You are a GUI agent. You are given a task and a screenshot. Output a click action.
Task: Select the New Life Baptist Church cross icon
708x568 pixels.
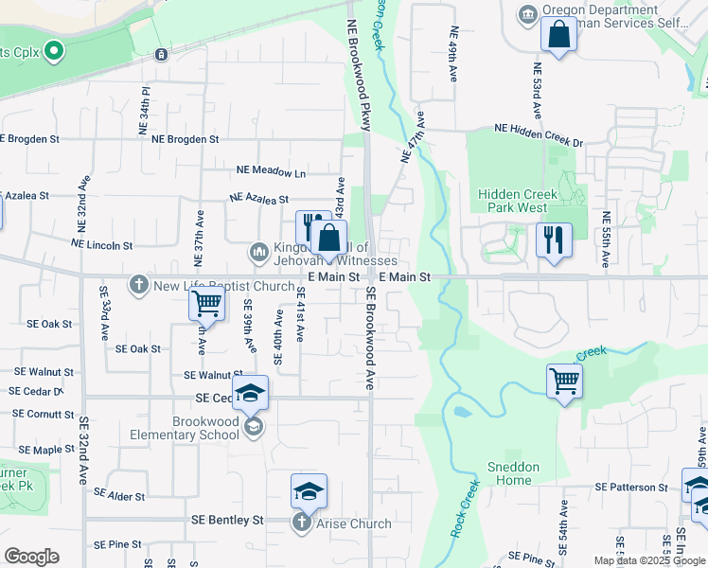click(x=139, y=285)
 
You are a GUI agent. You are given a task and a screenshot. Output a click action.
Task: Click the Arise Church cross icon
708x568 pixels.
click(x=302, y=523)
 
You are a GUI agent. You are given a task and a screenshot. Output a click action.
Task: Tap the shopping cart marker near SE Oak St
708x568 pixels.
click(x=206, y=305)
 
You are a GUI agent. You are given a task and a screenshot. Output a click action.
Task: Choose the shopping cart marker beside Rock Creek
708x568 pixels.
click(x=564, y=382)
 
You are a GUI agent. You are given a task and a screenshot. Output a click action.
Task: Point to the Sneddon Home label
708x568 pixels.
click(x=514, y=473)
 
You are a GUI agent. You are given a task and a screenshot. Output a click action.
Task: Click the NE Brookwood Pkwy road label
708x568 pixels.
click(x=359, y=77)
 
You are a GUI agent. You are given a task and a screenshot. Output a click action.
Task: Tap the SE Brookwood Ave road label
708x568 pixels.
click(x=371, y=340)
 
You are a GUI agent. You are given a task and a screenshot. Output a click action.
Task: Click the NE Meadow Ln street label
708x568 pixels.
click(x=272, y=173)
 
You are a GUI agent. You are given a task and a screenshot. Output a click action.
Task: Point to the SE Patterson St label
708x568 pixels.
click(x=631, y=487)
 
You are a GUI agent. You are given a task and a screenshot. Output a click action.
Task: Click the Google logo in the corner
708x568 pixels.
click(x=31, y=556)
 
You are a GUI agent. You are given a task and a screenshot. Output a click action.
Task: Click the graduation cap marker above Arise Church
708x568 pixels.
click(x=309, y=490)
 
